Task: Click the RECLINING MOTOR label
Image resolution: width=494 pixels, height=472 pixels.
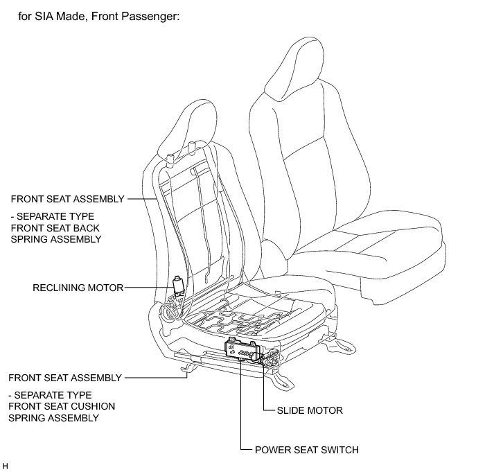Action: (78, 288)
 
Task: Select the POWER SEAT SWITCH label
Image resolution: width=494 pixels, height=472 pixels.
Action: (307, 450)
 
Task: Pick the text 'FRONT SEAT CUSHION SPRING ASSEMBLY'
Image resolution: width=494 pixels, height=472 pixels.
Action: (62, 407)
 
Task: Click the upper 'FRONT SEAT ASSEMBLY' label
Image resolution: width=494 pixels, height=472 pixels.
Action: (67, 199)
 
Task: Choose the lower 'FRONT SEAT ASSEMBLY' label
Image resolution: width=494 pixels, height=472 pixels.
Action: (65, 378)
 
